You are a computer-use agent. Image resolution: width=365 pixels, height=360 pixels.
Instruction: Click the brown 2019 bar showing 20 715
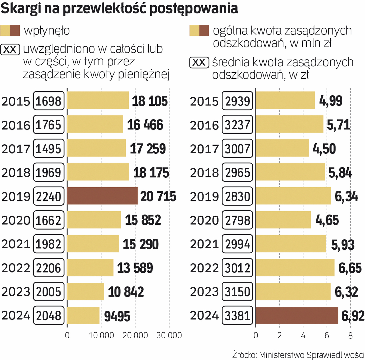tap(102, 196)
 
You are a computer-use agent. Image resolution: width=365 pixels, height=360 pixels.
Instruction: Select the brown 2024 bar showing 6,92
tap(297, 316)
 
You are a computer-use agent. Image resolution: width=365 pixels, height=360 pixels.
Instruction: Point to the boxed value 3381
tap(237, 316)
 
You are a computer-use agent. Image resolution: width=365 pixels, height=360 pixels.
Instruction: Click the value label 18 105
tap(150, 101)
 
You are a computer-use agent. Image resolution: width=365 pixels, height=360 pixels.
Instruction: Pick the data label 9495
tap(117, 316)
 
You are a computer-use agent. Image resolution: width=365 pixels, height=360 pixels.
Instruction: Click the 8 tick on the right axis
tap(350, 335)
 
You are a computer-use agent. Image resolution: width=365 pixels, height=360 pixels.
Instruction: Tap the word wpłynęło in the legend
tap(47, 31)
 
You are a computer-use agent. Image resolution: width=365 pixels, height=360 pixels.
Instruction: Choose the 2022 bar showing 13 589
tap(90, 268)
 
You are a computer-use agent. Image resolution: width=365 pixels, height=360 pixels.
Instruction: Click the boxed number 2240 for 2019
tap(49, 196)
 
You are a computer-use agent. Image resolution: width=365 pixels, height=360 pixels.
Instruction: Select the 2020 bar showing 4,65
tap(283, 220)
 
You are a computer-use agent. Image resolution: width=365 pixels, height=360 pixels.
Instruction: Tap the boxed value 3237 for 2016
tap(237, 125)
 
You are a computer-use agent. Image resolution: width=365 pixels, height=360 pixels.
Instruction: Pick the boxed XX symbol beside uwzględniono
tap(11, 50)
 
